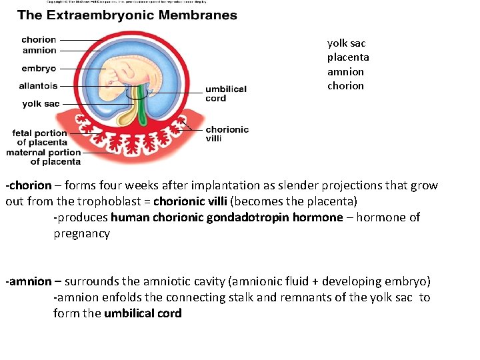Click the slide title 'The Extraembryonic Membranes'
tap(127, 15)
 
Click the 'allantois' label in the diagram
tap(38, 86)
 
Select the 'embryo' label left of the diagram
tap(39, 69)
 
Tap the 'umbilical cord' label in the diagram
tap(225, 93)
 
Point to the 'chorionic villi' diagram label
tap(227, 134)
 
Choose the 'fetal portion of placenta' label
tap(40, 137)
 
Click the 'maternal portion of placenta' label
tap(43, 157)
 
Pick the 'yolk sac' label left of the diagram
tap(41, 104)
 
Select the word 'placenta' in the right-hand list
tap(347, 57)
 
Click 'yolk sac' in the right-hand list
tap(347, 43)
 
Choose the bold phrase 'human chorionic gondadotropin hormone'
tap(227, 217)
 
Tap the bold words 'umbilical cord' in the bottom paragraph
tap(143, 313)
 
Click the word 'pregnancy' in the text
tap(81, 233)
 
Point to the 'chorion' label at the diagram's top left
tap(39, 40)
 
